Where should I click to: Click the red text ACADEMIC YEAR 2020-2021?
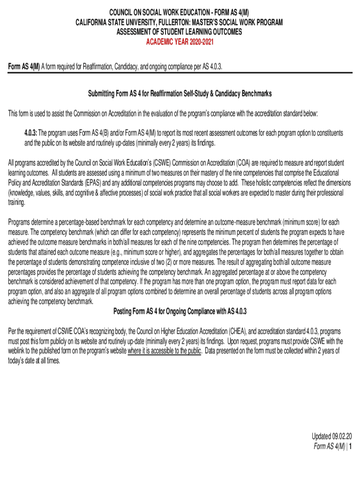click(180, 41)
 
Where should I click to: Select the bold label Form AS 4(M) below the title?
click(24, 67)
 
